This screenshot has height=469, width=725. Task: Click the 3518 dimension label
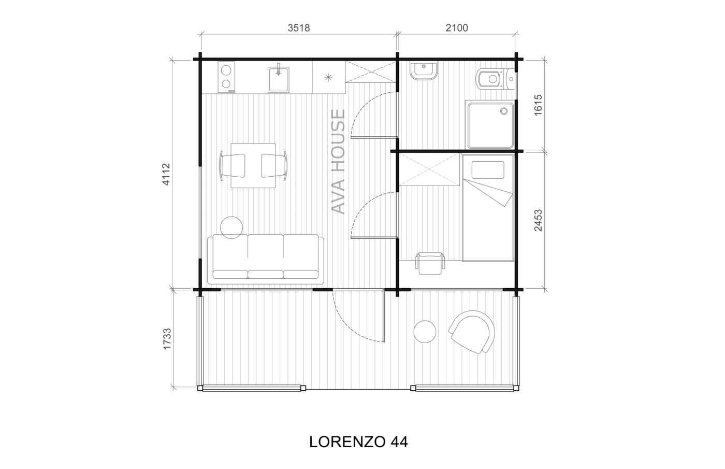pos(299,28)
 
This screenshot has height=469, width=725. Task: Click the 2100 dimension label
pos(457,28)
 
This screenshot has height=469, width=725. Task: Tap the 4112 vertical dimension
pos(166,174)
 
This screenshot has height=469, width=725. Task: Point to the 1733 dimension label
pos(167,339)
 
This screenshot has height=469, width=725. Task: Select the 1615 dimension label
pos(538,105)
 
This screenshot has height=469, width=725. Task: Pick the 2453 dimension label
pos(538,220)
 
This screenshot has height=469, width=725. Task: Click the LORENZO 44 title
pos(358,442)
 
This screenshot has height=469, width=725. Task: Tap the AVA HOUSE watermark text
pos(339,162)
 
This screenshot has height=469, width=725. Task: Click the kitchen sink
pos(279,79)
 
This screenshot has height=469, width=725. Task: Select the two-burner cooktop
pos(226,77)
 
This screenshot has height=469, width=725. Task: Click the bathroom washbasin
pos(424,72)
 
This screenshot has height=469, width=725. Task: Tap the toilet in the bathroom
pos(494,79)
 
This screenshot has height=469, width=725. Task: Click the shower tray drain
pos(504,111)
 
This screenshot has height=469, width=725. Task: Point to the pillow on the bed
pos(488,170)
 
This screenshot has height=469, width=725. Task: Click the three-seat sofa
pos(265,259)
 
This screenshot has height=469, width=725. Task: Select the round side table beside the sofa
pos(231,228)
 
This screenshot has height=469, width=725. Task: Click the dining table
pos(253,165)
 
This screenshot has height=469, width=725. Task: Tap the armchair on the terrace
pos(472,332)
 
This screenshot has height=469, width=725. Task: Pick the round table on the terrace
pos(425,332)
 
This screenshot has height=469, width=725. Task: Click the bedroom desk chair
pos(430,263)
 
